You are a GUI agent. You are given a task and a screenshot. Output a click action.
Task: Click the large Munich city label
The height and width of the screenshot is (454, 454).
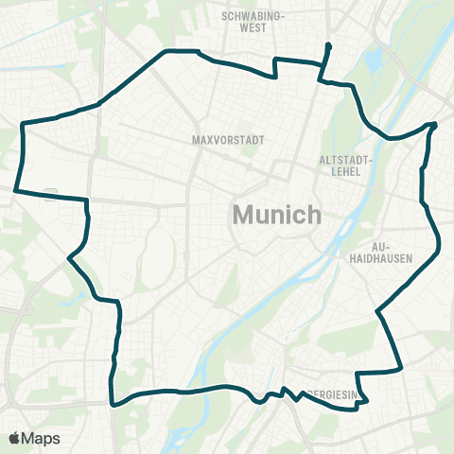click(x=276, y=215)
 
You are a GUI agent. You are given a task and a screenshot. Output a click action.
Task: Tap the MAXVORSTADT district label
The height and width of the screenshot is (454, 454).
click(x=226, y=139)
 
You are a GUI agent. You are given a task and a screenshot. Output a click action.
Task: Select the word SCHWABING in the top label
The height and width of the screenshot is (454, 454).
click(x=253, y=16)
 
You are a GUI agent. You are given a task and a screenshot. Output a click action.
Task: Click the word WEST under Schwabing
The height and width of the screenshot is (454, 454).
click(x=253, y=28)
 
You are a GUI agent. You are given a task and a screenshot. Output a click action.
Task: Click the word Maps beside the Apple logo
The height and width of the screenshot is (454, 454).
click(x=43, y=438)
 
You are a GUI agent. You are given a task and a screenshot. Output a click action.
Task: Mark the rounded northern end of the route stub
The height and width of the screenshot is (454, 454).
click(x=328, y=45)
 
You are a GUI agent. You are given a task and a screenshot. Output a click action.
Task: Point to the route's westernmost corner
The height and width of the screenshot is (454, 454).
click(x=16, y=190)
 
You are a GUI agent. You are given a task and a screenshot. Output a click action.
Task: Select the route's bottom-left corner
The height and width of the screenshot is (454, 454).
click(x=113, y=403)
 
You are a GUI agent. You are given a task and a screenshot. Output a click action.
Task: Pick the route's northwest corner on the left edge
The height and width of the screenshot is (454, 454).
click(x=23, y=123)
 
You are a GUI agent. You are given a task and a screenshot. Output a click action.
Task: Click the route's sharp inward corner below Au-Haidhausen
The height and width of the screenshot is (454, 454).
click(x=376, y=310)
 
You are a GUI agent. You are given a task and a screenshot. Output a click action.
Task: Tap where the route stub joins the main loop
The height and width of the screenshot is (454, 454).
click(x=321, y=81)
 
